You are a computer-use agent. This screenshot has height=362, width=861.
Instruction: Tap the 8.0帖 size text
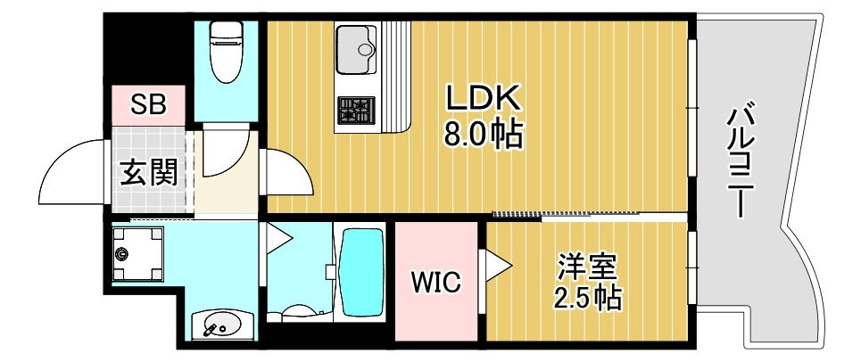pyautogui.click(x=483, y=136)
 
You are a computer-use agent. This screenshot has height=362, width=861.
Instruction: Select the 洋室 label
pyautogui.click(x=586, y=267)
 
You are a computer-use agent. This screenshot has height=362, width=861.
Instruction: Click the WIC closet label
pyautogui.click(x=435, y=283)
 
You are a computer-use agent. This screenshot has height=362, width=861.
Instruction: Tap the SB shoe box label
pyautogui.click(x=148, y=103)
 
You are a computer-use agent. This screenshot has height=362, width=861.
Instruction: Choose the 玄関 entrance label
pyautogui.click(x=148, y=171)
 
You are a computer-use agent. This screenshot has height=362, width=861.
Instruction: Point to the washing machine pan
pyautogui.click(x=138, y=253)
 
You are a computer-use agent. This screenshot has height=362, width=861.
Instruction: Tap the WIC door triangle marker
pyautogui.click(x=495, y=265)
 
